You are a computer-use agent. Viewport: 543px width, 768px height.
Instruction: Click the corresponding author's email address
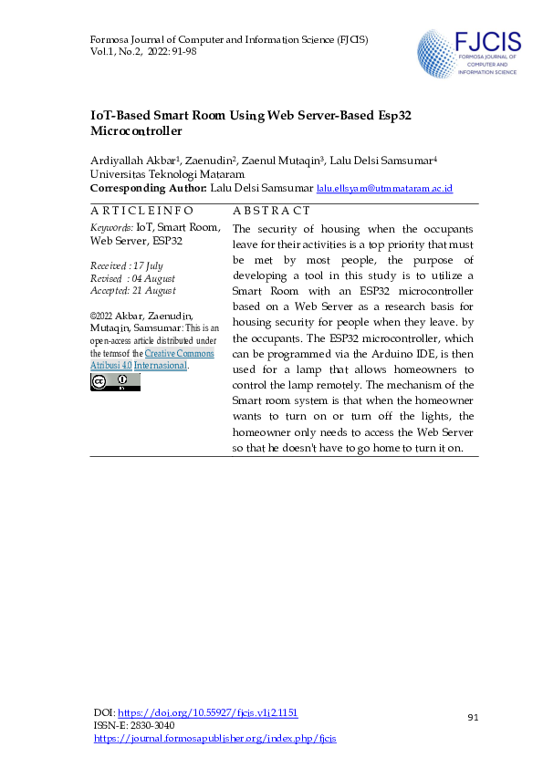coord(384,188)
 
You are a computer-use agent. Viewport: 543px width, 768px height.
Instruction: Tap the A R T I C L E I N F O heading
coord(141,211)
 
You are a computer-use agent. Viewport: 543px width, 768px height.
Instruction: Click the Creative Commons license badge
coord(115,381)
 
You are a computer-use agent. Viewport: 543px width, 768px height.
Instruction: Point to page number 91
coord(473,718)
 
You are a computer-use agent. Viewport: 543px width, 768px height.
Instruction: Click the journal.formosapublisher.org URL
coord(215,738)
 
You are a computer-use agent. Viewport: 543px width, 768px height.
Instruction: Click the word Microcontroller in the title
coord(137,131)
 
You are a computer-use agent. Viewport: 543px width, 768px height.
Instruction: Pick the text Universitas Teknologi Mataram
coord(167,173)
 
